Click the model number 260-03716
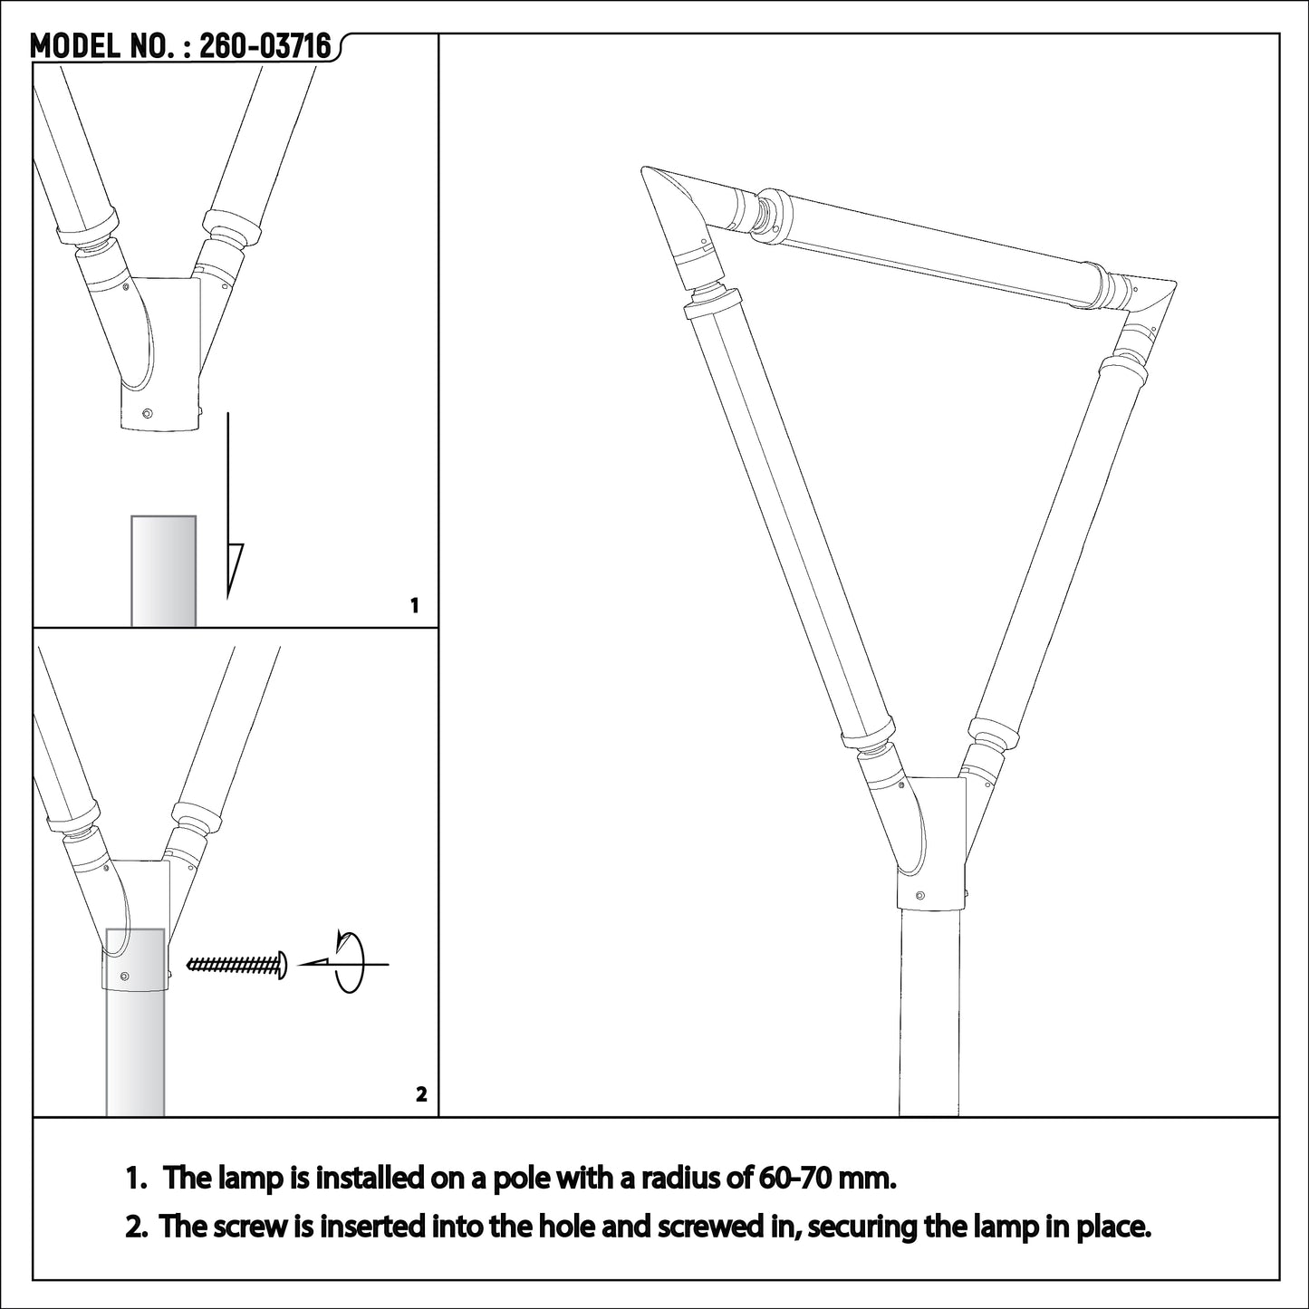pos(265,46)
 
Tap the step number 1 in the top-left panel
pos(415,606)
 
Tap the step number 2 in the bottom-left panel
pos(420,1094)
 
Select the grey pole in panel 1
pos(164,571)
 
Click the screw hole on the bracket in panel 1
pos(148,413)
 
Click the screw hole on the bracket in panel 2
pos(124,976)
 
